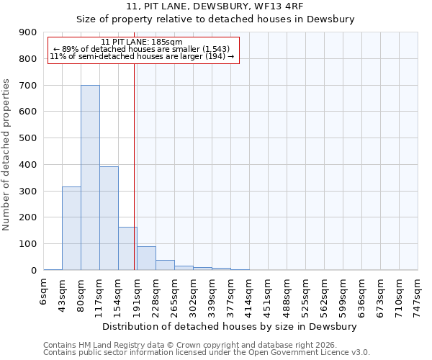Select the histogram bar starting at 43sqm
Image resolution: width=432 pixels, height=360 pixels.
pos(71,228)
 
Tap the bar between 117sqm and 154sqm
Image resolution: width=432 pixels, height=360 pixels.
pos(109,218)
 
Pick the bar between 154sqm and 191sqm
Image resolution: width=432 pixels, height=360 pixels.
pos(127,248)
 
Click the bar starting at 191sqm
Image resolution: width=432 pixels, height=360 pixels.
pos(146,258)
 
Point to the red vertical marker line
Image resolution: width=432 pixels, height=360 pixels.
pos(134,166)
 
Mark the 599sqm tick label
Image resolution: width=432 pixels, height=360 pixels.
pos(344,295)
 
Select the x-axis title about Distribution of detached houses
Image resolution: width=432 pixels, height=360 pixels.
pos(230,326)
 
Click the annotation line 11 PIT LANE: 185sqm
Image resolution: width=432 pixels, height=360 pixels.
pos(142,42)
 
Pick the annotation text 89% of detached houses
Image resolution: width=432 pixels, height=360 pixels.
pos(142,49)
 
